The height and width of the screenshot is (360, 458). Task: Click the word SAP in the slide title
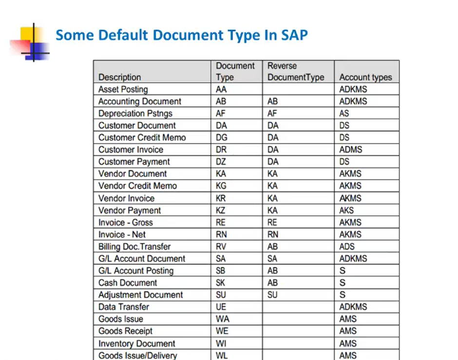(294, 35)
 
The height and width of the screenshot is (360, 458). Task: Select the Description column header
(120, 77)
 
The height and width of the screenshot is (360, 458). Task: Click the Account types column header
(365, 77)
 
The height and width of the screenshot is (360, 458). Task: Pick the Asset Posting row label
(123, 89)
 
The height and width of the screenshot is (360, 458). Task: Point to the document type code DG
(221, 137)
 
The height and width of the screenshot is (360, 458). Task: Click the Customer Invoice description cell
(131, 150)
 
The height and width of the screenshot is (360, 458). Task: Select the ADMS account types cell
(350, 150)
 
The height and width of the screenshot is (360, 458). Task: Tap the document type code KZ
(221, 210)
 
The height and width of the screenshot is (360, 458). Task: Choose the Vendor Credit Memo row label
(137, 186)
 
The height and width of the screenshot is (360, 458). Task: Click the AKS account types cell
(346, 210)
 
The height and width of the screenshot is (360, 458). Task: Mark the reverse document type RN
(273, 234)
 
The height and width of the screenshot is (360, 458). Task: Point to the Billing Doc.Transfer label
(134, 246)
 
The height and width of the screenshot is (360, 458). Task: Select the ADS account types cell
(347, 246)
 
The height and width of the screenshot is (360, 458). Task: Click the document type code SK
(220, 283)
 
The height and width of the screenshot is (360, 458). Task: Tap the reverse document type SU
(272, 295)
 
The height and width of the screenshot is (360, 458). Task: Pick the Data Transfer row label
(124, 307)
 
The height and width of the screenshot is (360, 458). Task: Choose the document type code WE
(222, 331)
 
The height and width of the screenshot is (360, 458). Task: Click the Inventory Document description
(137, 343)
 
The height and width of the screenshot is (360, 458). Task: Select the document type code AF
(220, 114)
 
